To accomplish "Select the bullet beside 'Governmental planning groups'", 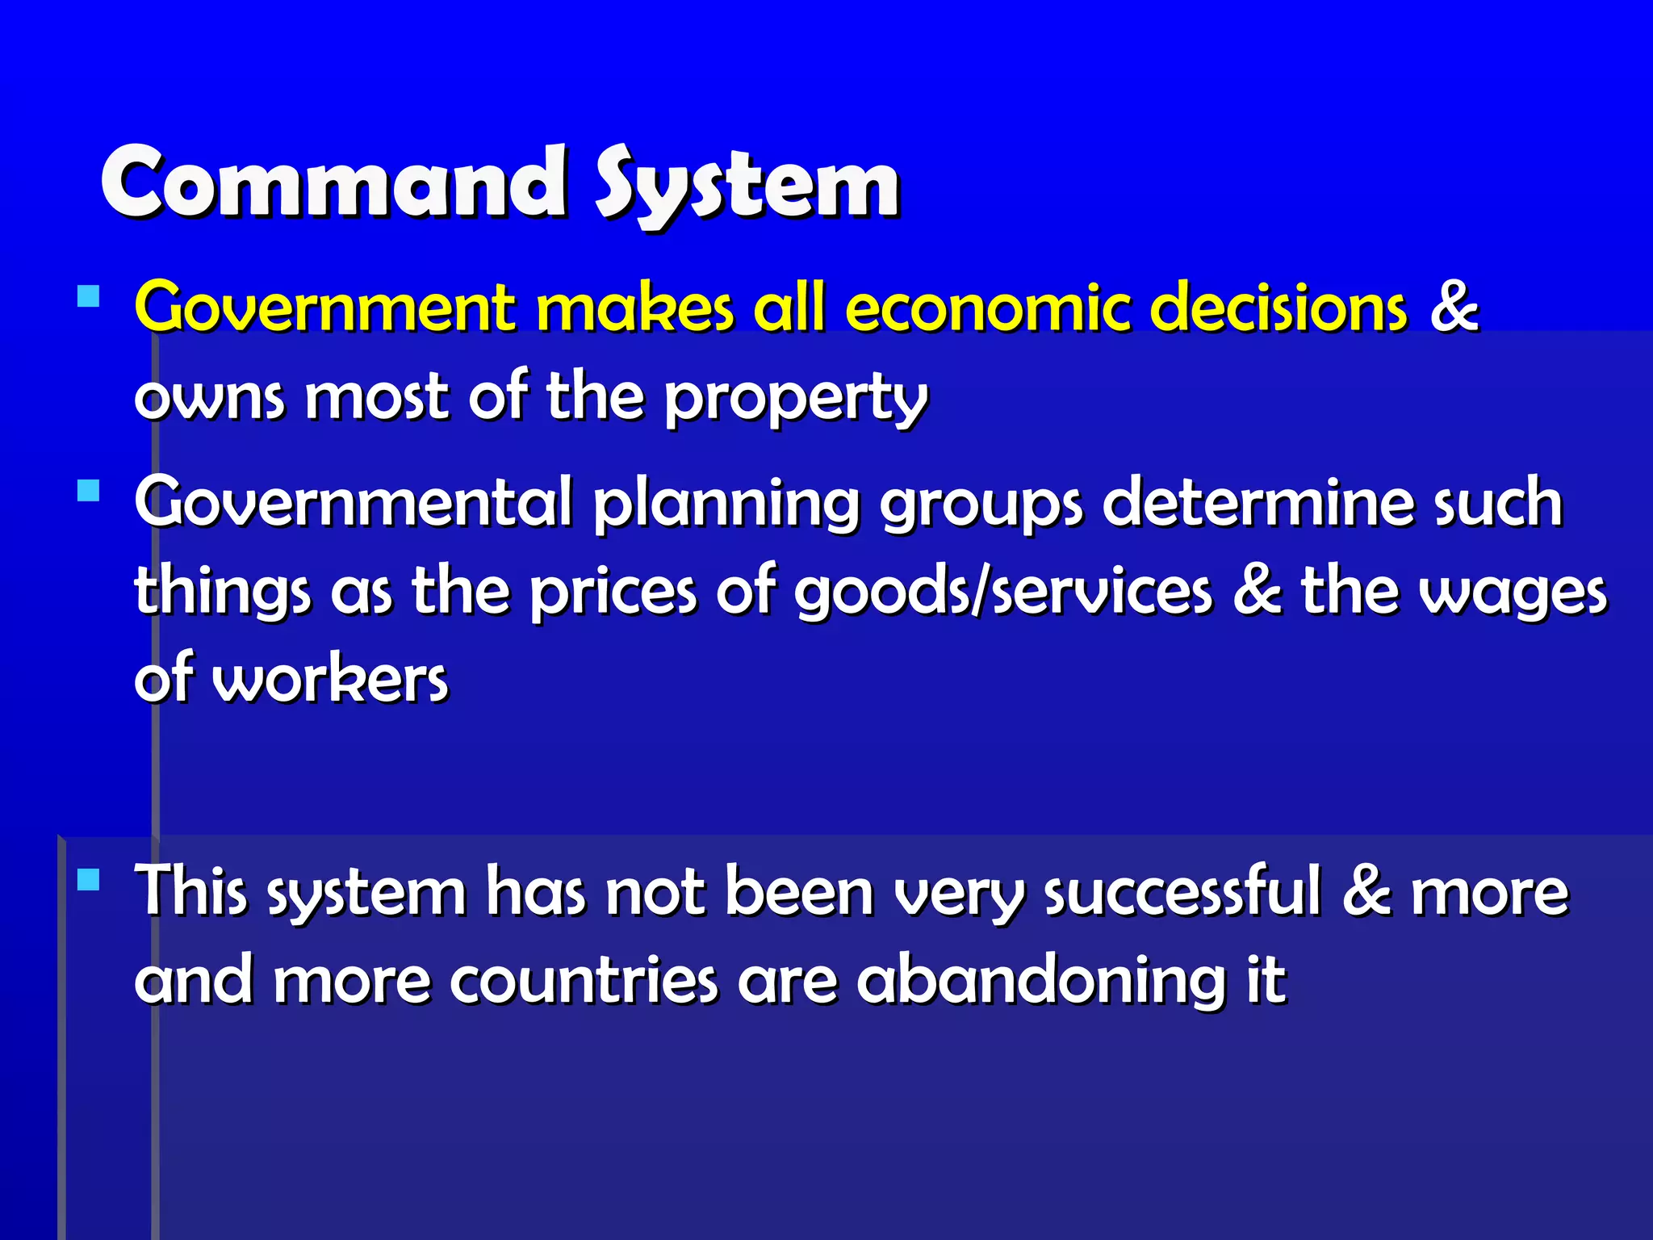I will pyautogui.click(x=89, y=490).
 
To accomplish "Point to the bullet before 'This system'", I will pyautogui.click(x=89, y=878).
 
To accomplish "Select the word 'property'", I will pyautogui.click(x=796, y=399).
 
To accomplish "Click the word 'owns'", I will pyautogui.click(x=210, y=399).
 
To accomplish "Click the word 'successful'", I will pyautogui.click(x=1183, y=892).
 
